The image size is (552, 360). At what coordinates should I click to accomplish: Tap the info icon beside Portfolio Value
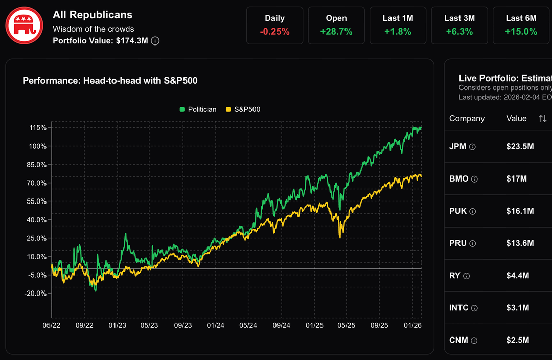(155, 41)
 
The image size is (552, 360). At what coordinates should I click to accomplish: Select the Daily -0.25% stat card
(274, 25)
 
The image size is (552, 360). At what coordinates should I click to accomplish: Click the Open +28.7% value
(336, 32)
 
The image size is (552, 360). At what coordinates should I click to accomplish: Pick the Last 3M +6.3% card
(459, 25)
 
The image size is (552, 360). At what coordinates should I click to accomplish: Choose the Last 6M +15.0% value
(521, 32)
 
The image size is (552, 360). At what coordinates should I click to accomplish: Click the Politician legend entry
(198, 109)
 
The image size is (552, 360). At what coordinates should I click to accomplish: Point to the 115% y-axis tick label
(38, 128)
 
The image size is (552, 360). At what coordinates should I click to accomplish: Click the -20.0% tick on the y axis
(35, 294)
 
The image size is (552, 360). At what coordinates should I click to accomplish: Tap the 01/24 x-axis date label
(216, 325)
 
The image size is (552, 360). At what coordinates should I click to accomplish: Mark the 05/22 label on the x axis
(52, 325)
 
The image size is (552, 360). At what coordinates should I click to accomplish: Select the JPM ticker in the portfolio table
(457, 147)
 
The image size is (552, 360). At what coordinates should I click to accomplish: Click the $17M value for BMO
(516, 179)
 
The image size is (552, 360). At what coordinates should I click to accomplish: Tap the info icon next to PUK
(473, 211)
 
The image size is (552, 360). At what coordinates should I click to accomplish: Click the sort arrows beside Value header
(542, 119)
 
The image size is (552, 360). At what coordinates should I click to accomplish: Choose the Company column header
(467, 119)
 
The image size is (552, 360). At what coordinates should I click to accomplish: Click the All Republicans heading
(93, 15)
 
